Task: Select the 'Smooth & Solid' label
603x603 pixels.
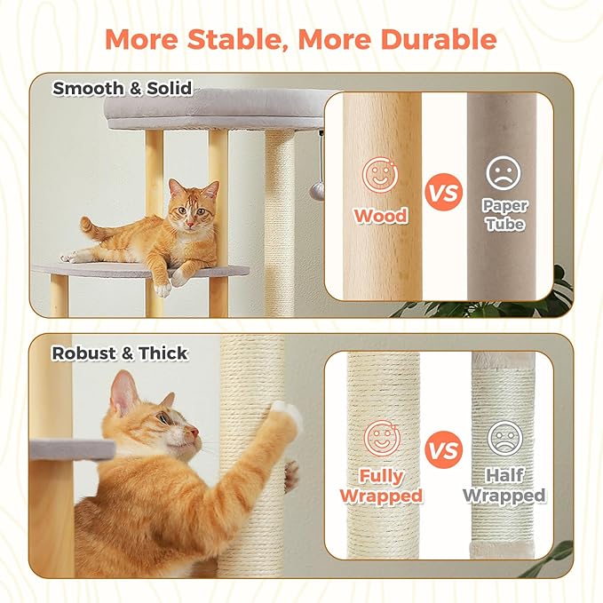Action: pos(123,88)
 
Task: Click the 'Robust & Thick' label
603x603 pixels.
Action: pos(120,353)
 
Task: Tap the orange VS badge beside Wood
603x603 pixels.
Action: pos(444,192)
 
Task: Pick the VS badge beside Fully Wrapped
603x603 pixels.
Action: pos(444,449)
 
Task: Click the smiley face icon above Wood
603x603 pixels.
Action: pos(381,175)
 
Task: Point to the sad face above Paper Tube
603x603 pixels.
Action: pos(504,172)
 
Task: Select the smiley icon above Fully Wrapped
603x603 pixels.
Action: pos(382,439)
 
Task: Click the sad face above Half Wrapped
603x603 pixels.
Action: pos(505,439)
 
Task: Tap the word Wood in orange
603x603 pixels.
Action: pos(381,215)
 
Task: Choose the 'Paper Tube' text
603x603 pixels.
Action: pos(504,215)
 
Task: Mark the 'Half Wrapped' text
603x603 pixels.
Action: pos(504,486)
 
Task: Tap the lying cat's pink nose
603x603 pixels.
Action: pos(190,224)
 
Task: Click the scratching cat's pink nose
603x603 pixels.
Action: pos(195,432)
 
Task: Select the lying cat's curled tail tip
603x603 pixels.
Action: pos(85,222)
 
